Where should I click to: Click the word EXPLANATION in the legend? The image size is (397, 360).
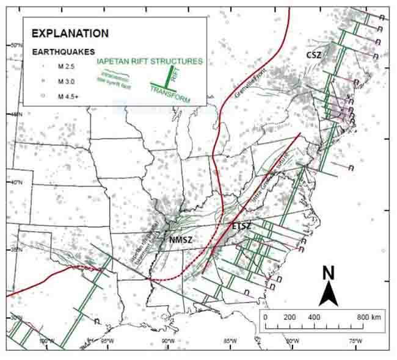coord(70,34)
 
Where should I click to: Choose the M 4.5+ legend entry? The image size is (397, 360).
coord(68,96)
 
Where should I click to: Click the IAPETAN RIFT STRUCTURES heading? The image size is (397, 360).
coord(150,62)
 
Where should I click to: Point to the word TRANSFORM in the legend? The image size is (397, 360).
coord(170,93)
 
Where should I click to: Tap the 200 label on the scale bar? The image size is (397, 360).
coord(290,318)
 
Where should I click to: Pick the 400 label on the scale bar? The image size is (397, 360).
coord(313,318)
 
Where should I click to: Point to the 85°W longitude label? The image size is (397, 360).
coord(230,340)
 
